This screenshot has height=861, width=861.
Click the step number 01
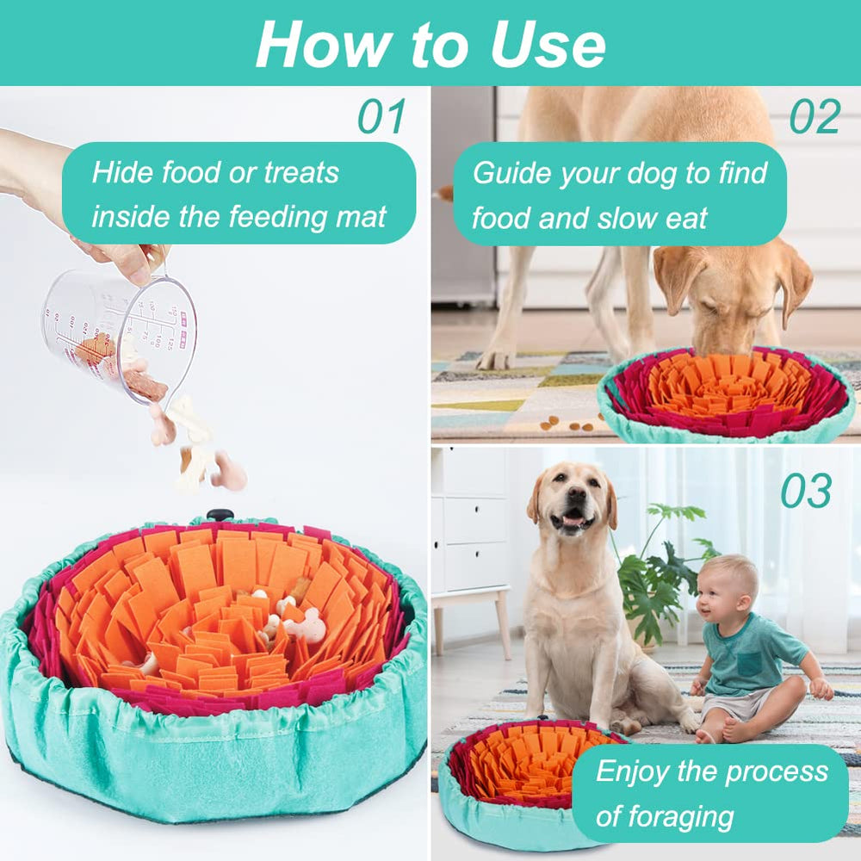pos(381,117)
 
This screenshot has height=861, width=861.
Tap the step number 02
pos(815,117)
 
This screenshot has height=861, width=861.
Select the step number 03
pos(806,492)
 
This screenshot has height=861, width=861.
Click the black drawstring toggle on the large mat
pos(220,515)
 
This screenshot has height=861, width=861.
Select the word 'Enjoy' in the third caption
pos(632,771)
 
